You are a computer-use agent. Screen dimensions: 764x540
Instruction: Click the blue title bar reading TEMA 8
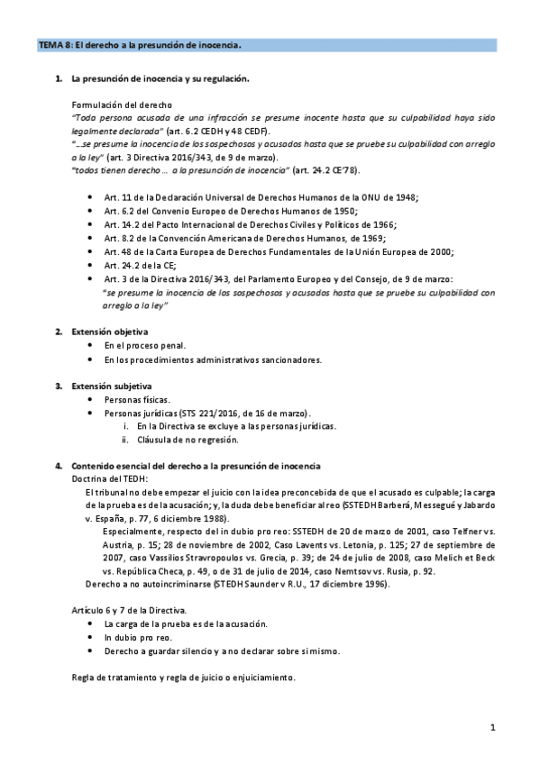(x=270, y=43)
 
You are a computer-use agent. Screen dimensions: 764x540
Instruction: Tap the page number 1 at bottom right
(x=492, y=726)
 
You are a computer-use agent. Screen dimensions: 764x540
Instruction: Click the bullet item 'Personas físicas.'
(x=137, y=399)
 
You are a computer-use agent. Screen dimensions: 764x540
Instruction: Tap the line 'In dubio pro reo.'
(x=136, y=636)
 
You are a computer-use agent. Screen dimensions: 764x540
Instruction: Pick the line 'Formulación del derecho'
(x=122, y=105)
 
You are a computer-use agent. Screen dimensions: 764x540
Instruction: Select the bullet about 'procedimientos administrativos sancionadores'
(x=213, y=359)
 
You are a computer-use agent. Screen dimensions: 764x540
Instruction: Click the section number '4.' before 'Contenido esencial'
(x=59, y=465)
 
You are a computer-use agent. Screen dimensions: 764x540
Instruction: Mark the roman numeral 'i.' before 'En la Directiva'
(x=127, y=425)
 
